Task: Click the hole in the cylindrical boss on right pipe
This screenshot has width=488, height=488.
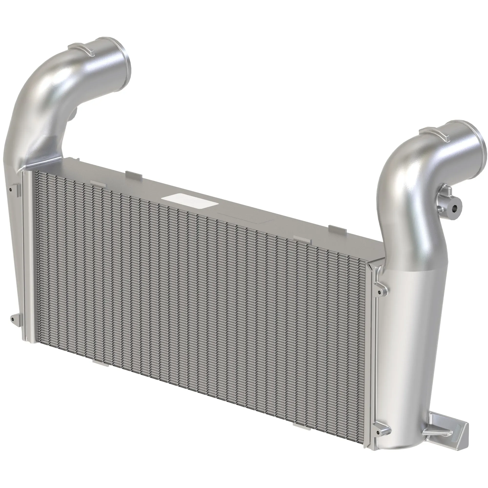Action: (454, 208)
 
